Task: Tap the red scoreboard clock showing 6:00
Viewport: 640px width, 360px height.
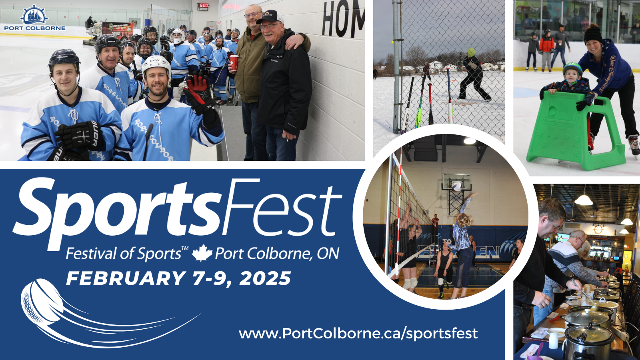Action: click(x=202, y=6)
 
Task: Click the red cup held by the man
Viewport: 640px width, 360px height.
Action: click(x=234, y=62)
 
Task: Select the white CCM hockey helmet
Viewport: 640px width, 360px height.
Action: click(x=156, y=66)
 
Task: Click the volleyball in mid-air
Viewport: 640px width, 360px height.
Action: click(x=457, y=186)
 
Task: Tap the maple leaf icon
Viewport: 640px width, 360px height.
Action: click(x=202, y=253)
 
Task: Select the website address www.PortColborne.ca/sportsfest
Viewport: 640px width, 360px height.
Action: click(x=358, y=333)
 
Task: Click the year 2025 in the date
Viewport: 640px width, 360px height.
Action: click(x=266, y=278)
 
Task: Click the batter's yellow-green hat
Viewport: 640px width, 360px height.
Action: click(x=471, y=52)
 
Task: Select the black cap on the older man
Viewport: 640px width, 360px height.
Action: click(x=269, y=17)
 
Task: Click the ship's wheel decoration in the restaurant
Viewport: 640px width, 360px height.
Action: click(x=598, y=229)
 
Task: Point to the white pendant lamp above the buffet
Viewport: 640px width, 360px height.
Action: click(x=584, y=200)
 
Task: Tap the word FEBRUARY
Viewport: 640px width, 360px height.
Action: click(x=125, y=278)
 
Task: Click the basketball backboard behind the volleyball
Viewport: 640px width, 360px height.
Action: click(x=456, y=183)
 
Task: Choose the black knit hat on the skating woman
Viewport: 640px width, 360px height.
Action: click(x=592, y=34)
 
